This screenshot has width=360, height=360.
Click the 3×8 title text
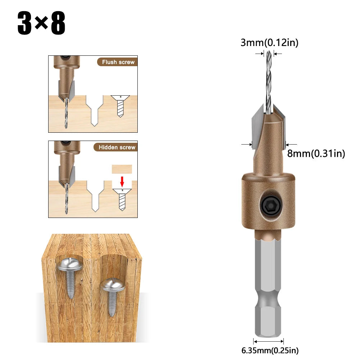(x=41, y=24)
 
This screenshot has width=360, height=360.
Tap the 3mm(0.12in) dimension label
(x=269, y=43)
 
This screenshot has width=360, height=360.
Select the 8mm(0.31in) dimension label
(x=316, y=154)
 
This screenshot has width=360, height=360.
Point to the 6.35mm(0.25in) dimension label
(x=269, y=350)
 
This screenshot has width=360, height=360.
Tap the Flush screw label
(x=118, y=62)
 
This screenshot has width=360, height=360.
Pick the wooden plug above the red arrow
(x=122, y=169)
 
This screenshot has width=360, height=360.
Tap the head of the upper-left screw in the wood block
(x=70, y=264)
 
